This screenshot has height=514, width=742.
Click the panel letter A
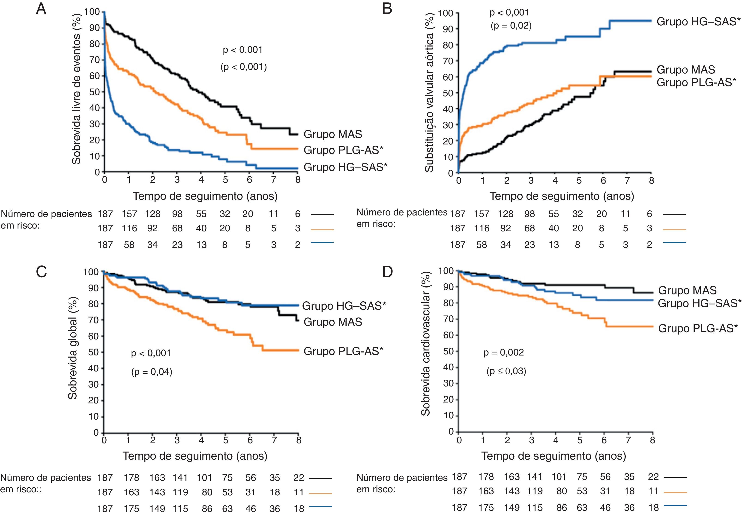pyautogui.click(x=41, y=9)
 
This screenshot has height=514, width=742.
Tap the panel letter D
pyautogui.click(x=387, y=272)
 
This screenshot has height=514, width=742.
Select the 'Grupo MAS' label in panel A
pyautogui.click(x=333, y=134)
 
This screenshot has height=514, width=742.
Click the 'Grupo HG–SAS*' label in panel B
pyautogui.click(x=698, y=22)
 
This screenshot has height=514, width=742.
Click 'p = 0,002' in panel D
pyautogui.click(x=503, y=353)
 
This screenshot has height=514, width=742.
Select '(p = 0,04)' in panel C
pyautogui.click(x=152, y=372)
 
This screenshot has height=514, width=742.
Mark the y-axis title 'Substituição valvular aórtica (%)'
pyautogui.click(x=429, y=92)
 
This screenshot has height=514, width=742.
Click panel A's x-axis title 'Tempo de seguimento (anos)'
pyautogui.click(x=205, y=196)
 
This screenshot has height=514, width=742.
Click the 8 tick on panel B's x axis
pyautogui.click(x=651, y=181)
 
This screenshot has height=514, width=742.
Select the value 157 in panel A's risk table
pyautogui.click(x=129, y=214)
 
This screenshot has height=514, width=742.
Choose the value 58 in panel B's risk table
pyautogui.click(x=482, y=245)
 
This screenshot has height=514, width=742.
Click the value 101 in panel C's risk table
pyautogui.click(x=204, y=478)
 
